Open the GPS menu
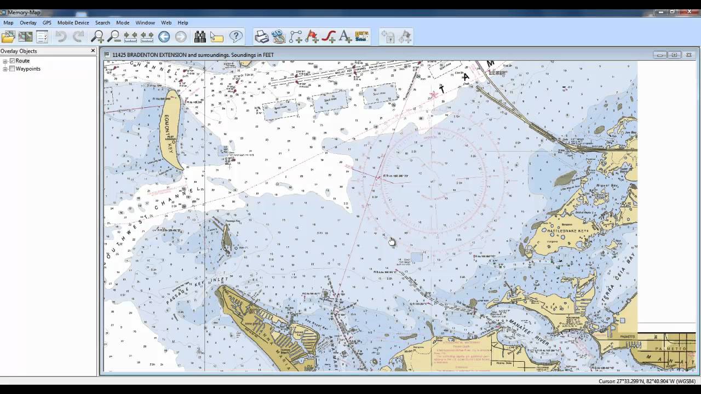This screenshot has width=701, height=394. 47,23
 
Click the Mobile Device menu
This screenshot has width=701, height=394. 73,23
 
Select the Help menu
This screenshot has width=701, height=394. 183,23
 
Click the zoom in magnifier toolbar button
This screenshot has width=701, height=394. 97,37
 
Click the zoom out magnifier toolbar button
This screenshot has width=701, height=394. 114,37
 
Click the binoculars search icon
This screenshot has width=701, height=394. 200,37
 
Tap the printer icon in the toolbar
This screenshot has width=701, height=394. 262,37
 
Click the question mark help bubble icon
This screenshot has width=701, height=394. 235,37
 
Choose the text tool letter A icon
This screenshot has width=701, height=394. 345,37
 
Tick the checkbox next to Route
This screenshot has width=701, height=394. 12,61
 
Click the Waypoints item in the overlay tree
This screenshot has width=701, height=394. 28,69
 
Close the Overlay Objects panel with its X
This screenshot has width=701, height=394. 93,51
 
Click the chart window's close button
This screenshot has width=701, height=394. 689,55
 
